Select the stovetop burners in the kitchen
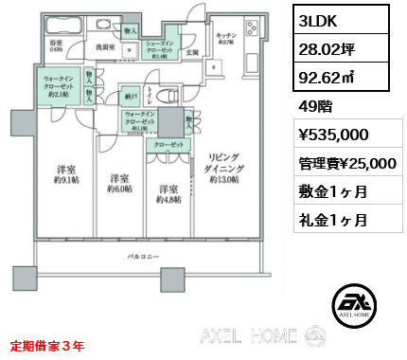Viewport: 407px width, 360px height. (x=251, y=27)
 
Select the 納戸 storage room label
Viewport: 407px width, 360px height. (x=128, y=96)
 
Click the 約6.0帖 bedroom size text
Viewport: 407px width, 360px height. (x=117, y=187)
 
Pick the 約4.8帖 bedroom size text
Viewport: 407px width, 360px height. (x=168, y=197)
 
